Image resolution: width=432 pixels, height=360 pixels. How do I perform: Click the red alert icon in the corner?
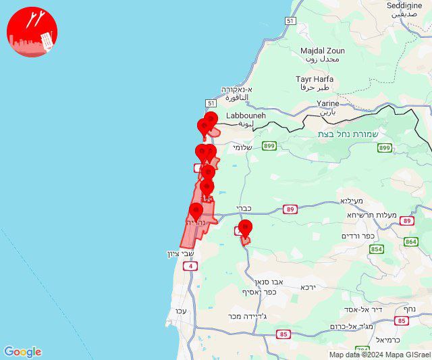32,32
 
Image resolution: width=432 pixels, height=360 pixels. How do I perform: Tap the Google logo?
22,352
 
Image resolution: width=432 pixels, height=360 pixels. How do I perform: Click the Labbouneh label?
246,116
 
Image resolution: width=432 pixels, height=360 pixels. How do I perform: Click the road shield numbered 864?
411,241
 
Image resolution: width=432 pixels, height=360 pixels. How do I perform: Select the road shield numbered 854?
376,249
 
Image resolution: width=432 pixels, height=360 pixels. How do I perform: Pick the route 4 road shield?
191,266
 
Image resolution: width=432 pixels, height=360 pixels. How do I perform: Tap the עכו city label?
180,311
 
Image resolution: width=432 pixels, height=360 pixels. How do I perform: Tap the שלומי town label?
242,147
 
